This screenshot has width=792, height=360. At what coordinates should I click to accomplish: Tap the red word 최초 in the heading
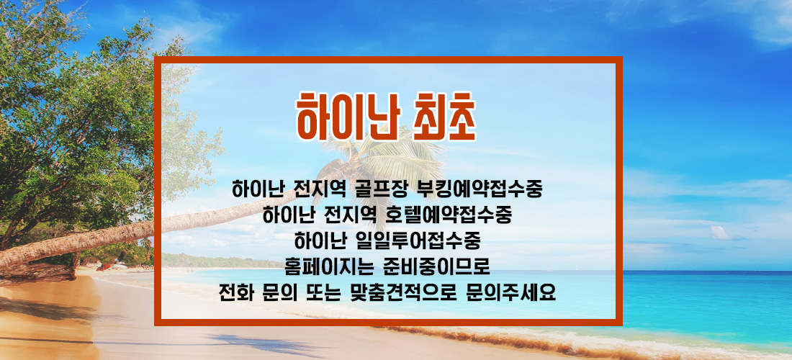click(x=444, y=117)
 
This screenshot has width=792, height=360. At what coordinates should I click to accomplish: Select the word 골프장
click(x=378, y=189)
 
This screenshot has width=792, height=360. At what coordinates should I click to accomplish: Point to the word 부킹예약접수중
click(x=478, y=189)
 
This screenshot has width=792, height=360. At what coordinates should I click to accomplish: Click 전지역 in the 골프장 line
click(x=318, y=189)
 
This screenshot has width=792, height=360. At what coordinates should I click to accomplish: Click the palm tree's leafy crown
click(x=384, y=156)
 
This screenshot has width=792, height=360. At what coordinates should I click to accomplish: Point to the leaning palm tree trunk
click(x=151, y=230)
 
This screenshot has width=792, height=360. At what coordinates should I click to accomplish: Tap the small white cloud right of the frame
click(x=720, y=233)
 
